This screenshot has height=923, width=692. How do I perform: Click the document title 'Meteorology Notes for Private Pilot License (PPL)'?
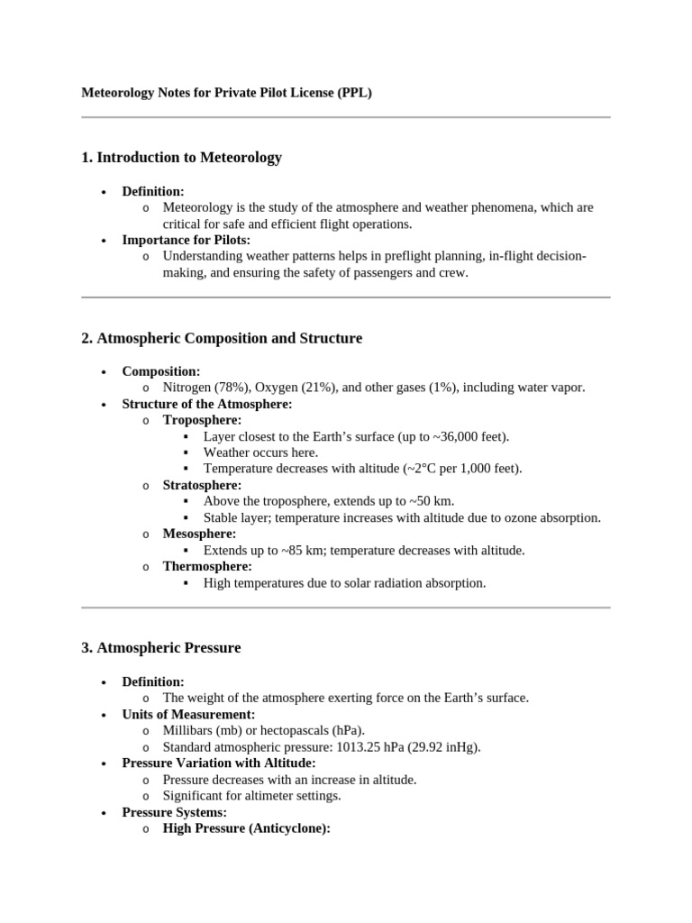pyautogui.click(x=226, y=92)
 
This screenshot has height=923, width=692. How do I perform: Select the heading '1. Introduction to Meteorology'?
pyautogui.click(x=181, y=158)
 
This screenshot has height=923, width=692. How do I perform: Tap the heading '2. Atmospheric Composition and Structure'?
pyautogui.click(x=222, y=339)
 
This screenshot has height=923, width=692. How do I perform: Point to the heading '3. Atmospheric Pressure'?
pyautogui.click(x=161, y=648)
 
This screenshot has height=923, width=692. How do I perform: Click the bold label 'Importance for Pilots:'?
pyautogui.click(x=187, y=240)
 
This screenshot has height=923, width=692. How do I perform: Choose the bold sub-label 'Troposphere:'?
pyautogui.click(x=202, y=420)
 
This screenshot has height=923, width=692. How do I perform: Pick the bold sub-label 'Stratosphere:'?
pyautogui.click(x=202, y=485)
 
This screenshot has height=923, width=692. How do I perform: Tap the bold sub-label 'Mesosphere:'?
pyautogui.click(x=199, y=534)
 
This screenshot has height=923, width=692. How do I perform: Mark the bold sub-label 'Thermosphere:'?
pyautogui.click(x=207, y=566)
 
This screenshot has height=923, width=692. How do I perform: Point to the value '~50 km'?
pyautogui.click(x=432, y=501)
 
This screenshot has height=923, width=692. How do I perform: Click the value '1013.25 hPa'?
pyautogui.click(x=370, y=746)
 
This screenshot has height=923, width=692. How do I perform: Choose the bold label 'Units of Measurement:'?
pyautogui.click(x=188, y=714)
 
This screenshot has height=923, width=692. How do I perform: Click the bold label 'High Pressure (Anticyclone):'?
pyautogui.click(x=247, y=827)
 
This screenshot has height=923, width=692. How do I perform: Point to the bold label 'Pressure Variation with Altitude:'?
pyautogui.click(x=219, y=763)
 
